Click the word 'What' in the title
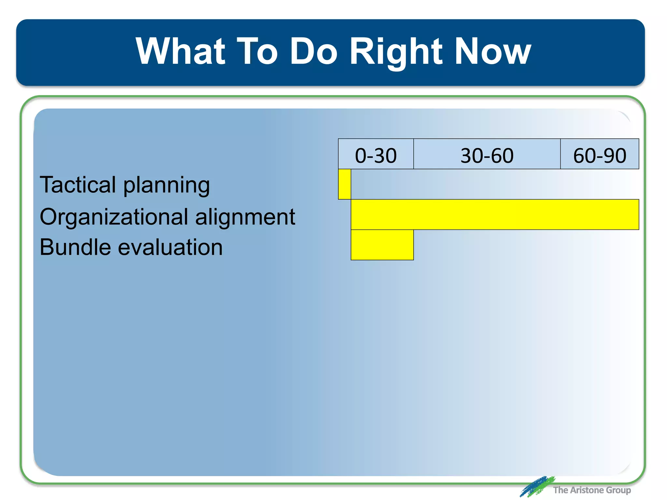[x=180, y=51]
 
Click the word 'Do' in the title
[x=313, y=51]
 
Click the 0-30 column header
[x=376, y=155]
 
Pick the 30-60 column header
[x=487, y=155]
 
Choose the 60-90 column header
[x=600, y=155]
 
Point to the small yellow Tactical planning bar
[x=345, y=184]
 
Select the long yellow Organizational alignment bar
[x=495, y=215]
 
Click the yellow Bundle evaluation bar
[x=382, y=245]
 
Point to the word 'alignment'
[x=245, y=217]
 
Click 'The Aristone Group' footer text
[x=592, y=490]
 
